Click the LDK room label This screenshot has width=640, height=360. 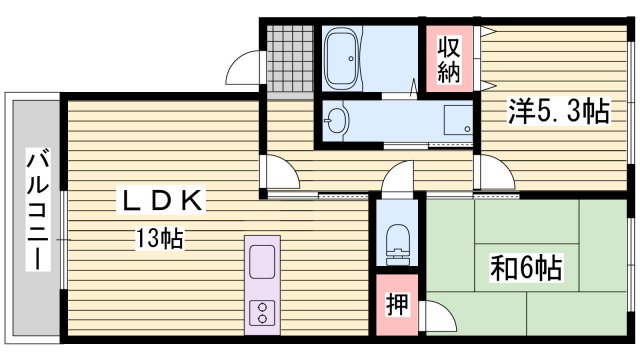click(x=164, y=201)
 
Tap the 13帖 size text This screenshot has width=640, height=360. click(x=160, y=239)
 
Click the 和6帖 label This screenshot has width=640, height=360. click(x=525, y=268)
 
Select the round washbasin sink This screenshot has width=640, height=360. click(x=337, y=121)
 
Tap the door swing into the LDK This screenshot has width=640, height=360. click(x=281, y=172)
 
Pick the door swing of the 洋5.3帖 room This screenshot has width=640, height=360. click(x=490, y=173)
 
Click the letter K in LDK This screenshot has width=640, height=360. click(x=193, y=201)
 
